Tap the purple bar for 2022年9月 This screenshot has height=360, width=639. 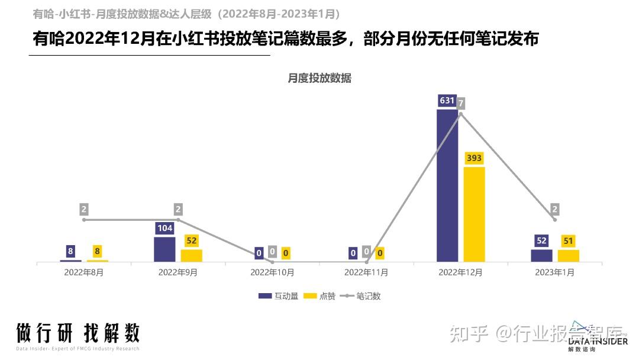pos(164,249)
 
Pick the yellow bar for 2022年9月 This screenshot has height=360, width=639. pos(191,255)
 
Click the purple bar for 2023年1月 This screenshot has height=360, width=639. pos(541,255)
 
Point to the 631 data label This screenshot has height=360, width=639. pos(447,101)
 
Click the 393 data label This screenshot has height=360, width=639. pos(474,158)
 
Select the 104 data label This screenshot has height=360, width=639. pos(164,229)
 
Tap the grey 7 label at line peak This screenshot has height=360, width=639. pos(461,104)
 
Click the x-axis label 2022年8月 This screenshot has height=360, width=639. pos(83,273)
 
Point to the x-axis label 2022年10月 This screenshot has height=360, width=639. pos(272,273)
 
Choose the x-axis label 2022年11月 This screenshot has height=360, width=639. pos(366,273)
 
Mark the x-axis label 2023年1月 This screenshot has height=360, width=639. pos(554,273)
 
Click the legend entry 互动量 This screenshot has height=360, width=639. pos(276,296)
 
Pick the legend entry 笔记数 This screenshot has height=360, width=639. pos(361,296)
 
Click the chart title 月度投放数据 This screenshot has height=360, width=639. pos(319,78)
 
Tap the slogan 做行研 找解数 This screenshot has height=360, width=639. pos(78,333)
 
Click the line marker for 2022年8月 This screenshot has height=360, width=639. pos(84,220)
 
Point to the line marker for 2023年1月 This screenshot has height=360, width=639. pos(554,220)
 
